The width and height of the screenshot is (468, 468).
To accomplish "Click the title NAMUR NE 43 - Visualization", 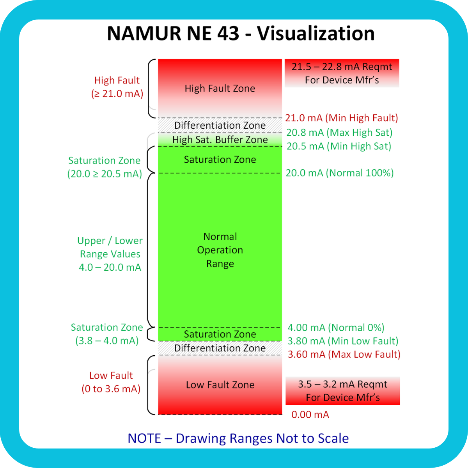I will (x=241, y=34).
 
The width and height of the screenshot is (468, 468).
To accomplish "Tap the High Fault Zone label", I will (x=220, y=89).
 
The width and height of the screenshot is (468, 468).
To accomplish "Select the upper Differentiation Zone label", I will (x=220, y=126).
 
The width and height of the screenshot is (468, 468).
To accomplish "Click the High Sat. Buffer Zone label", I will (x=220, y=140).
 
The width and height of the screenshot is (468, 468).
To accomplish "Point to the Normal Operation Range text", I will (x=220, y=250).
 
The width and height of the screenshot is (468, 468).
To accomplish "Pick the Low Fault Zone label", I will (x=220, y=385).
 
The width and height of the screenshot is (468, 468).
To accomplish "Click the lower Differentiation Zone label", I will (x=220, y=348).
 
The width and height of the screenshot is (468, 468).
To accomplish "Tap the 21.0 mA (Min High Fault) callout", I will (x=342, y=118).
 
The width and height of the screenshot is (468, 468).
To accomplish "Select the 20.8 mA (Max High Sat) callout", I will (x=339, y=133).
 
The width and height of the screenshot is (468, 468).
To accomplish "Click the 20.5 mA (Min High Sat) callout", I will (x=339, y=146).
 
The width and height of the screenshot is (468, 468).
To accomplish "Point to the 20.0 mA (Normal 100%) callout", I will (x=340, y=173).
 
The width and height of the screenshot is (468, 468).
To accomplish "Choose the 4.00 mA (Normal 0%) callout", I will (x=336, y=328).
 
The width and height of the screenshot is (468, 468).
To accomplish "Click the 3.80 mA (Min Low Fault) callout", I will (x=343, y=341).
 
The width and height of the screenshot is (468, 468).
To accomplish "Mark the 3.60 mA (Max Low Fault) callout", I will (x=344, y=354).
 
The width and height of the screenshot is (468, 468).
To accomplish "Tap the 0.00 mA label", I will (x=310, y=415).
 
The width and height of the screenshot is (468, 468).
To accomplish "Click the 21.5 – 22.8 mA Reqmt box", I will (x=342, y=73).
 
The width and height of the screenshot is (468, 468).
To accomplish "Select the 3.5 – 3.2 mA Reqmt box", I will (x=343, y=391).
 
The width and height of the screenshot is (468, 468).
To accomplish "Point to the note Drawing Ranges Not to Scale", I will (x=238, y=438).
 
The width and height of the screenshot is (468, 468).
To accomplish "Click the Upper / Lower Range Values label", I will (x=110, y=254).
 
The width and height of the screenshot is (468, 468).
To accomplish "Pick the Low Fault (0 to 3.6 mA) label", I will (x=111, y=382).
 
